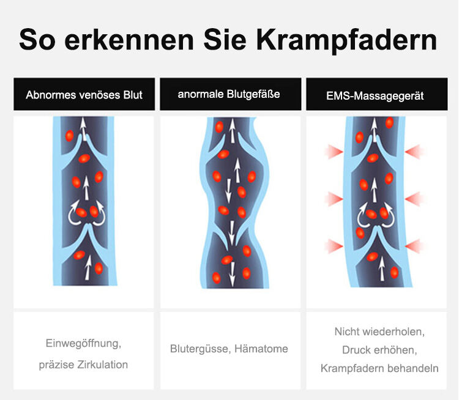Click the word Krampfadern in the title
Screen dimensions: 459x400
[x=346, y=40]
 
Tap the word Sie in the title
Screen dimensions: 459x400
[x=225, y=39]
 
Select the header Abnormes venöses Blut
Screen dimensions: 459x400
[x=84, y=95]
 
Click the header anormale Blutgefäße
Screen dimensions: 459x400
[x=229, y=94]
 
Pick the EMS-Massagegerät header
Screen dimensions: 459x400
[x=375, y=96]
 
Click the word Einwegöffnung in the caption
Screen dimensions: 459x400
[x=83, y=344]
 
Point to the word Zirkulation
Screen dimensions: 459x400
[x=102, y=365]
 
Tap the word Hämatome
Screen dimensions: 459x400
[x=261, y=349]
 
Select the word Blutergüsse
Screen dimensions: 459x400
[x=201, y=349]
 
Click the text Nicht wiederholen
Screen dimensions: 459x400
[x=379, y=332]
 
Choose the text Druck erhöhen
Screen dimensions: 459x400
[x=379, y=350]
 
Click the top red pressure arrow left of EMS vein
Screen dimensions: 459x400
[x=334, y=152]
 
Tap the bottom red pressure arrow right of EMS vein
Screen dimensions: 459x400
[x=414, y=246]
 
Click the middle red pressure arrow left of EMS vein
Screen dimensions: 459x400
[x=334, y=199]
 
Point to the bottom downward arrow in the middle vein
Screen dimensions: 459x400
[x=232, y=274]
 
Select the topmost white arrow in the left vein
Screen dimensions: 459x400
[x=83, y=129]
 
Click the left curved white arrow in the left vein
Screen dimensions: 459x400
[x=73, y=213]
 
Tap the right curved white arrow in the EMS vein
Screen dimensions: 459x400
[x=389, y=215]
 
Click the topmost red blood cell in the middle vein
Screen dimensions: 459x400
[x=219, y=127]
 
